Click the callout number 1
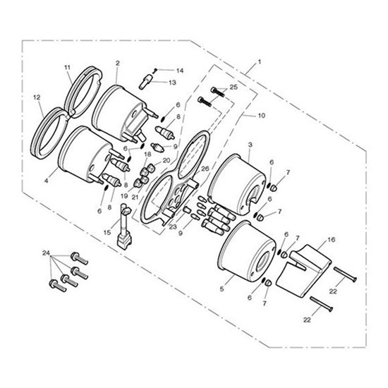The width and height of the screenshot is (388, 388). (260, 61)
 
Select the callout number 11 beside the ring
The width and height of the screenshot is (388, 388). (67, 67)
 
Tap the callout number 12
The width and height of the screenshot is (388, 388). (37, 97)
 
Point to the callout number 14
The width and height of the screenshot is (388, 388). (180, 71)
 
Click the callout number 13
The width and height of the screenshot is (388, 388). (172, 83)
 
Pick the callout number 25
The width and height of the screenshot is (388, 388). (234, 87)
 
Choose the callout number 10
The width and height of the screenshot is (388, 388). (262, 116)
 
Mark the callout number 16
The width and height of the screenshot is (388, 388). (332, 240)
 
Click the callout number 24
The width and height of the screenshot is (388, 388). (46, 253)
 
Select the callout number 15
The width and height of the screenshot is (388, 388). (107, 233)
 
